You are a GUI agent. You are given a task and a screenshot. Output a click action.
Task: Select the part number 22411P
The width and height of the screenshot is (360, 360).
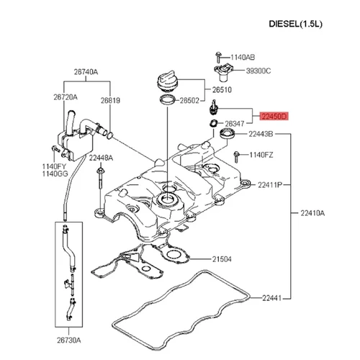pos(264,184)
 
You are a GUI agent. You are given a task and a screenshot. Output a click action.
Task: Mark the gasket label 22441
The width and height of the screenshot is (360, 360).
pos(260,297)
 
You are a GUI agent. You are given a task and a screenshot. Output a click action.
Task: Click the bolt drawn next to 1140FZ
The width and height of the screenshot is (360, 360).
pos(235,155)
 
